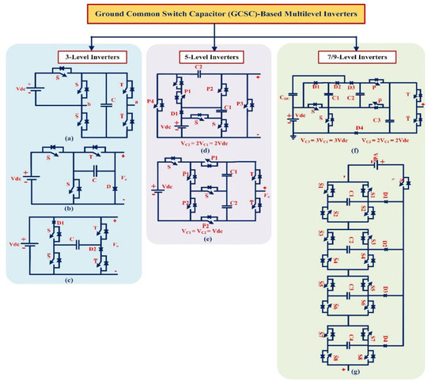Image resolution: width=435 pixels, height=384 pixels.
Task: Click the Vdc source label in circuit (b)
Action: pos(38,178)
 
